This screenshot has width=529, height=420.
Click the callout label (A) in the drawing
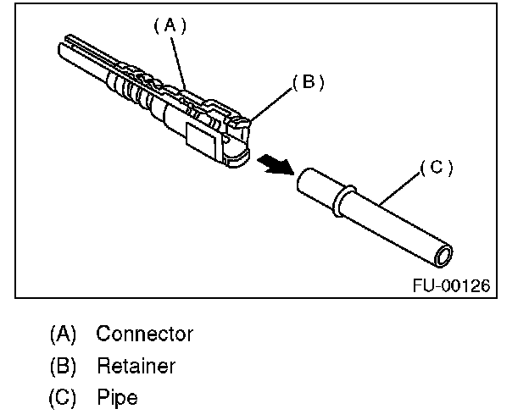(169, 25)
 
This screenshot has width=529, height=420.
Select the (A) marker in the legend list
(63, 334)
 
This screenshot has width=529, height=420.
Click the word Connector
(144, 334)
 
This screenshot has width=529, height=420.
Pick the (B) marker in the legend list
(63, 366)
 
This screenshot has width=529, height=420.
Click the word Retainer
(136, 366)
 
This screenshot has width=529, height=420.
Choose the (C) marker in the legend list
(63, 397)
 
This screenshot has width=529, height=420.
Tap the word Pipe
(117, 397)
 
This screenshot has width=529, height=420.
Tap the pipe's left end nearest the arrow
(304, 181)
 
